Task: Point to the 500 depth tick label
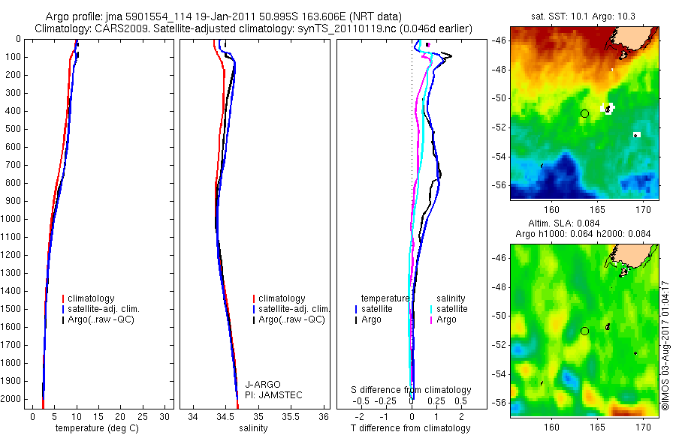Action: point(13,129)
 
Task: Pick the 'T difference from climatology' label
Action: point(411,428)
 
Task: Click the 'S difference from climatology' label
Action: point(412,390)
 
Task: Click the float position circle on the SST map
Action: point(584,113)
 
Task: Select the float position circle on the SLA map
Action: point(584,331)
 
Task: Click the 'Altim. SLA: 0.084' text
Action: point(584,224)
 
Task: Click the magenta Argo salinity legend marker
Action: point(431,319)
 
